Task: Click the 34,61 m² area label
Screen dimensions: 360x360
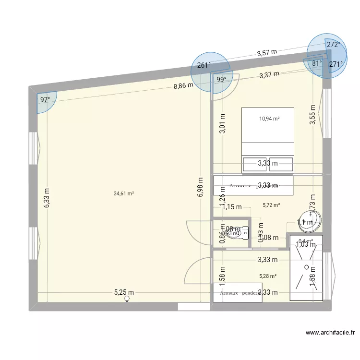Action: [x=124, y=194]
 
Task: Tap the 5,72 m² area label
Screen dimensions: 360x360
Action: [x=271, y=205]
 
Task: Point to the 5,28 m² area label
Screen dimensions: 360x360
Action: [x=268, y=276]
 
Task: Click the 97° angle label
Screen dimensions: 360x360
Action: [x=45, y=100]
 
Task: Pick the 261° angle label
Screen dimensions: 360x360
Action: [x=204, y=66]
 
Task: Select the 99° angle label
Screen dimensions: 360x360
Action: [x=221, y=80]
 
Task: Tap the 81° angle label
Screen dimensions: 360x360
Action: [x=317, y=63]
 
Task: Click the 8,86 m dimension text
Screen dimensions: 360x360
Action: [x=183, y=86]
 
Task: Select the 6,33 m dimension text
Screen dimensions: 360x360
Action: [x=47, y=197]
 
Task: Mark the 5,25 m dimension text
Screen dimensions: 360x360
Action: [x=124, y=292]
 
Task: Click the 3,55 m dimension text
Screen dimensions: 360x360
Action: [x=312, y=115]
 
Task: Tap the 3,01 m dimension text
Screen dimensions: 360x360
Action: [x=222, y=123]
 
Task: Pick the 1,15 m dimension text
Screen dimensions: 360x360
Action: [x=231, y=207]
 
